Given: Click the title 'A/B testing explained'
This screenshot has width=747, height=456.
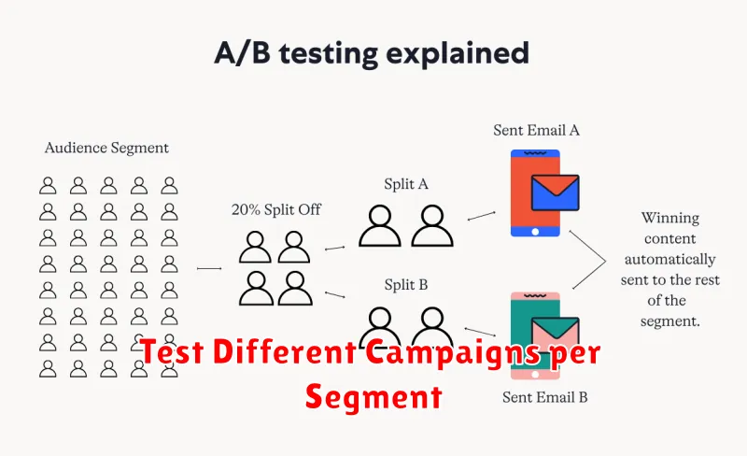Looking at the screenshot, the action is [372, 53].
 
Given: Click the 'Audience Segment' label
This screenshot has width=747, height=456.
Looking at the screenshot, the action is [106, 148].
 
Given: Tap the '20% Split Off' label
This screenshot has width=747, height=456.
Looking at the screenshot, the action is [276, 209].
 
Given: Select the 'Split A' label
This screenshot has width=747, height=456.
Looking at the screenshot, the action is [406, 184].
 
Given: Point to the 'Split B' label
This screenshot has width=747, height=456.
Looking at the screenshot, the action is [406, 285].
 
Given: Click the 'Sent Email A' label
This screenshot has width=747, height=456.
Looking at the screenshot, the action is [536, 130].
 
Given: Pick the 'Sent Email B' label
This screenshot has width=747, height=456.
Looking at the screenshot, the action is [545, 397].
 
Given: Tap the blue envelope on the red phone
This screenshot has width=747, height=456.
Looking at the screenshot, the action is [555, 192].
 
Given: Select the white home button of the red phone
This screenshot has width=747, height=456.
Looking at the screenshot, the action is [535, 232].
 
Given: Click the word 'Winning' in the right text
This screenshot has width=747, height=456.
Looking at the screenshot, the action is [670, 218].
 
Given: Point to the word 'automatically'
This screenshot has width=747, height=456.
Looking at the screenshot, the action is [670, 260].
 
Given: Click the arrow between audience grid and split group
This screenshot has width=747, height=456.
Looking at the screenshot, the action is [209, 268].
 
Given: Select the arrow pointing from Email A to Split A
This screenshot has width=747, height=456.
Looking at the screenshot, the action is [481, 216].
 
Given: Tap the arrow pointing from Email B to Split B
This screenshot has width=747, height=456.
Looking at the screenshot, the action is [480, 332].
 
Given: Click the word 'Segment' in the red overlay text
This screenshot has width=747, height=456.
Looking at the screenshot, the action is [374, 397].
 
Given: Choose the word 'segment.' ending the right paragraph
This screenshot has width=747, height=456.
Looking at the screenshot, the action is [670, 321].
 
